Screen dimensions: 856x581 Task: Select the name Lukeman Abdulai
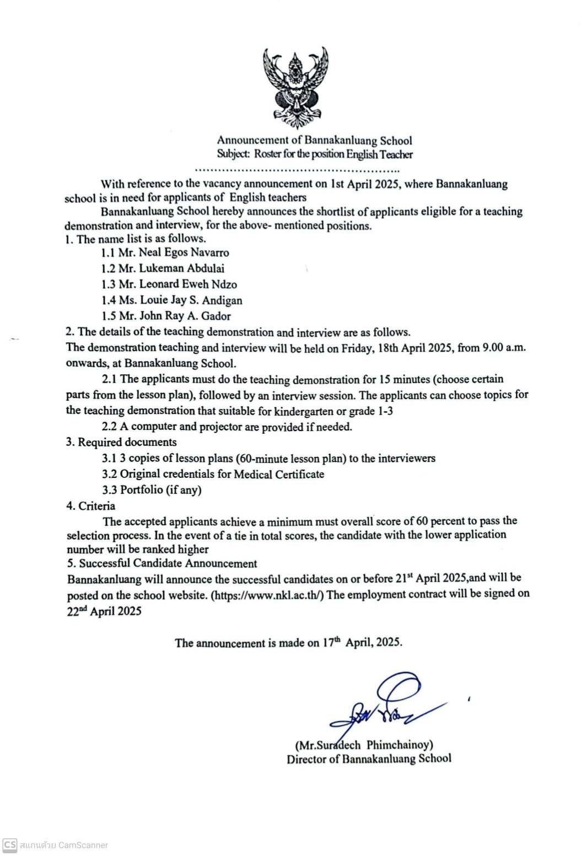[181, 268]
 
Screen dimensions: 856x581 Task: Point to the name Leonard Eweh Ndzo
[188, 284]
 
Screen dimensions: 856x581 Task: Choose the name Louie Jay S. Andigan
[191, 300]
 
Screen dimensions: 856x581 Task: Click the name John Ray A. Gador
[185, 316]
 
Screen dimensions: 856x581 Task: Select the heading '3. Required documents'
[121, 442]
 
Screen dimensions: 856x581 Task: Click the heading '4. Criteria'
[91, 506]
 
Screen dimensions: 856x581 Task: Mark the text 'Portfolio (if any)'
[161, 489]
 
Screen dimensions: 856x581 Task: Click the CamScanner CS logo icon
[9, 845]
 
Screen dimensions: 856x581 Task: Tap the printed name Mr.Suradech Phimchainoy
[364, 745]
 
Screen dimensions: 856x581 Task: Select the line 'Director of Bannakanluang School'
[369, 759]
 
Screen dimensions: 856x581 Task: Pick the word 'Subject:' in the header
[234, 154]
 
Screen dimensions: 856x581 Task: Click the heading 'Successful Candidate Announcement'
[168, 563]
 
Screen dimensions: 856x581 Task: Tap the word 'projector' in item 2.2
[221, 427]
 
